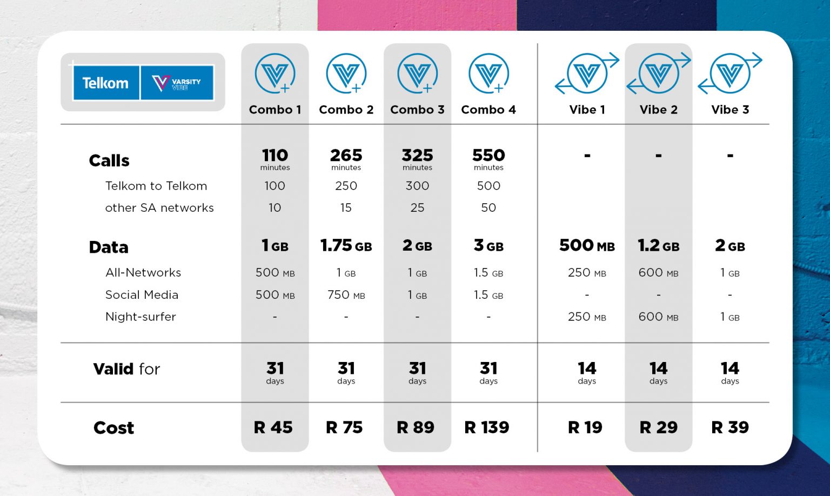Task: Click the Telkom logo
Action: (105, 83)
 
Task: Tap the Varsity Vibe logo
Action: (177, 83)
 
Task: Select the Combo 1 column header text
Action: (275, 110)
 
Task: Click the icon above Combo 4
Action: (488, 73)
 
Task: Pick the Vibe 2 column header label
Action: (658, 110)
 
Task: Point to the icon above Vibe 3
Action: (730, 73)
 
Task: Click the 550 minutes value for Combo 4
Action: (488, 158)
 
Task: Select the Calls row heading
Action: (109, 160)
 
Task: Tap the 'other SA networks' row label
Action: (159, 208)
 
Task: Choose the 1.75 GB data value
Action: (346, 246)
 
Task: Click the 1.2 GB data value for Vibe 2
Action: (658, 246)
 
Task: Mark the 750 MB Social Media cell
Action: (346, 295)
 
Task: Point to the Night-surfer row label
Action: (140, 317)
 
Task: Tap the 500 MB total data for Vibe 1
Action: (587, 246)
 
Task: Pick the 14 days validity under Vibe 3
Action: (729, 372)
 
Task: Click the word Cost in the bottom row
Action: (113, 428)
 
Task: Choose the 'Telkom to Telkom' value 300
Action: (417, 186)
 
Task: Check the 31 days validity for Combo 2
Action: (346, 372)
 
